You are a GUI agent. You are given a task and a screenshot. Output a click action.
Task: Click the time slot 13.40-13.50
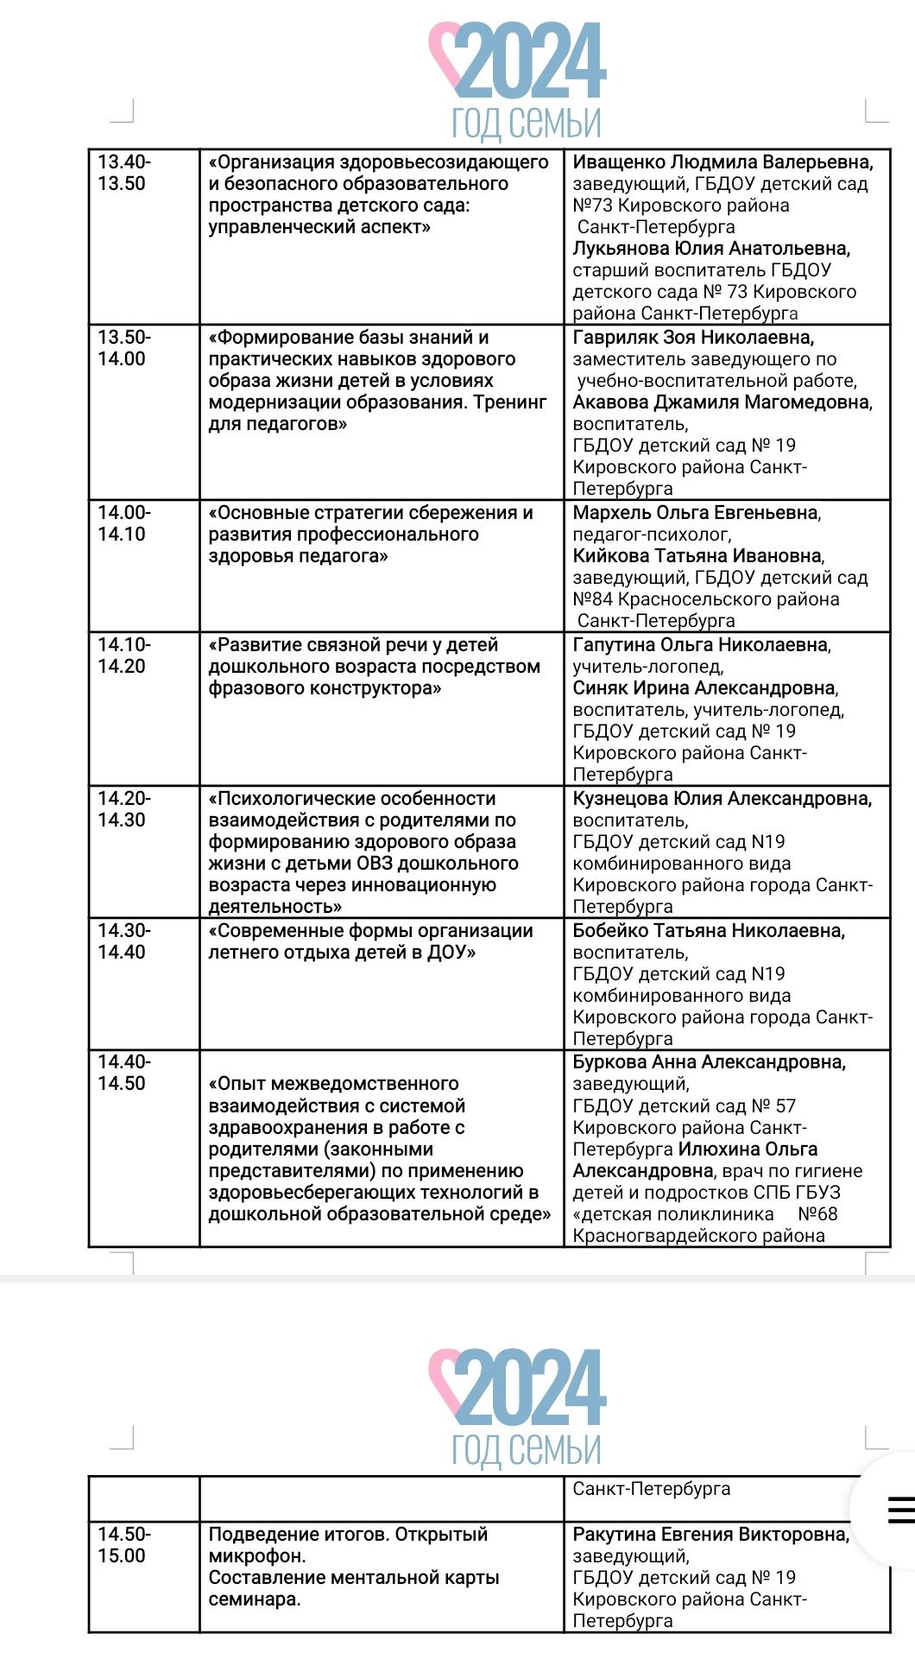(x=123, y=173)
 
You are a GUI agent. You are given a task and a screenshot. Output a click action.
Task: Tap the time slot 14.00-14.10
(x=123, y=523)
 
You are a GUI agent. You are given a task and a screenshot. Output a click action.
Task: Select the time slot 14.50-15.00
(x=123, y=1545)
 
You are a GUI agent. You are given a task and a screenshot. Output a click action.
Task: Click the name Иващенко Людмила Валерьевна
(x=723, y=162)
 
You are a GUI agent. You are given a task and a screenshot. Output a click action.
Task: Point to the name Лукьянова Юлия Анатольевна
(x=711, y=249)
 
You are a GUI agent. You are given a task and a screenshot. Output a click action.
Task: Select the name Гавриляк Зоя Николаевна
(x=693, y=338)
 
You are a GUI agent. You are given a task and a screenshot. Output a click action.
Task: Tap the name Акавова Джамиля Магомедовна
(x=723, y=402)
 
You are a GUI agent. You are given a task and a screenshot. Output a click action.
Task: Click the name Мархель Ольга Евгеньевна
(x=697, y=513)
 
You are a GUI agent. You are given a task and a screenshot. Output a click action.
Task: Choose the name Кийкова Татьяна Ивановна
(x=698, y=556)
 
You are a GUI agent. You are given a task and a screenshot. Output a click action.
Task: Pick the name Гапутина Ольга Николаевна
(x=702, y=645)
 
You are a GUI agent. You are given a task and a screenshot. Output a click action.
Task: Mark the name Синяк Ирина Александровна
(x=705, y=688)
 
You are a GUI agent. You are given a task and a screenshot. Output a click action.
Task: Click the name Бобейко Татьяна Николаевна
(x=709, y=931)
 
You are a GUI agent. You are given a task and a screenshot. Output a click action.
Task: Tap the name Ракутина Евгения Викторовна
(x=710, y=1535)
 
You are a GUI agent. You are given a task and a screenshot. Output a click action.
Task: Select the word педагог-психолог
(x=652, y=535)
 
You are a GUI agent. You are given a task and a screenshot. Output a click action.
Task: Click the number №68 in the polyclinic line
(x=817, y=1214)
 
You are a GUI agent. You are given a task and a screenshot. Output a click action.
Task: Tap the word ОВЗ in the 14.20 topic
(x=374, y=864)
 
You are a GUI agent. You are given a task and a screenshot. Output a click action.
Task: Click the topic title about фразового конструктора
(x=374, y=667)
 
